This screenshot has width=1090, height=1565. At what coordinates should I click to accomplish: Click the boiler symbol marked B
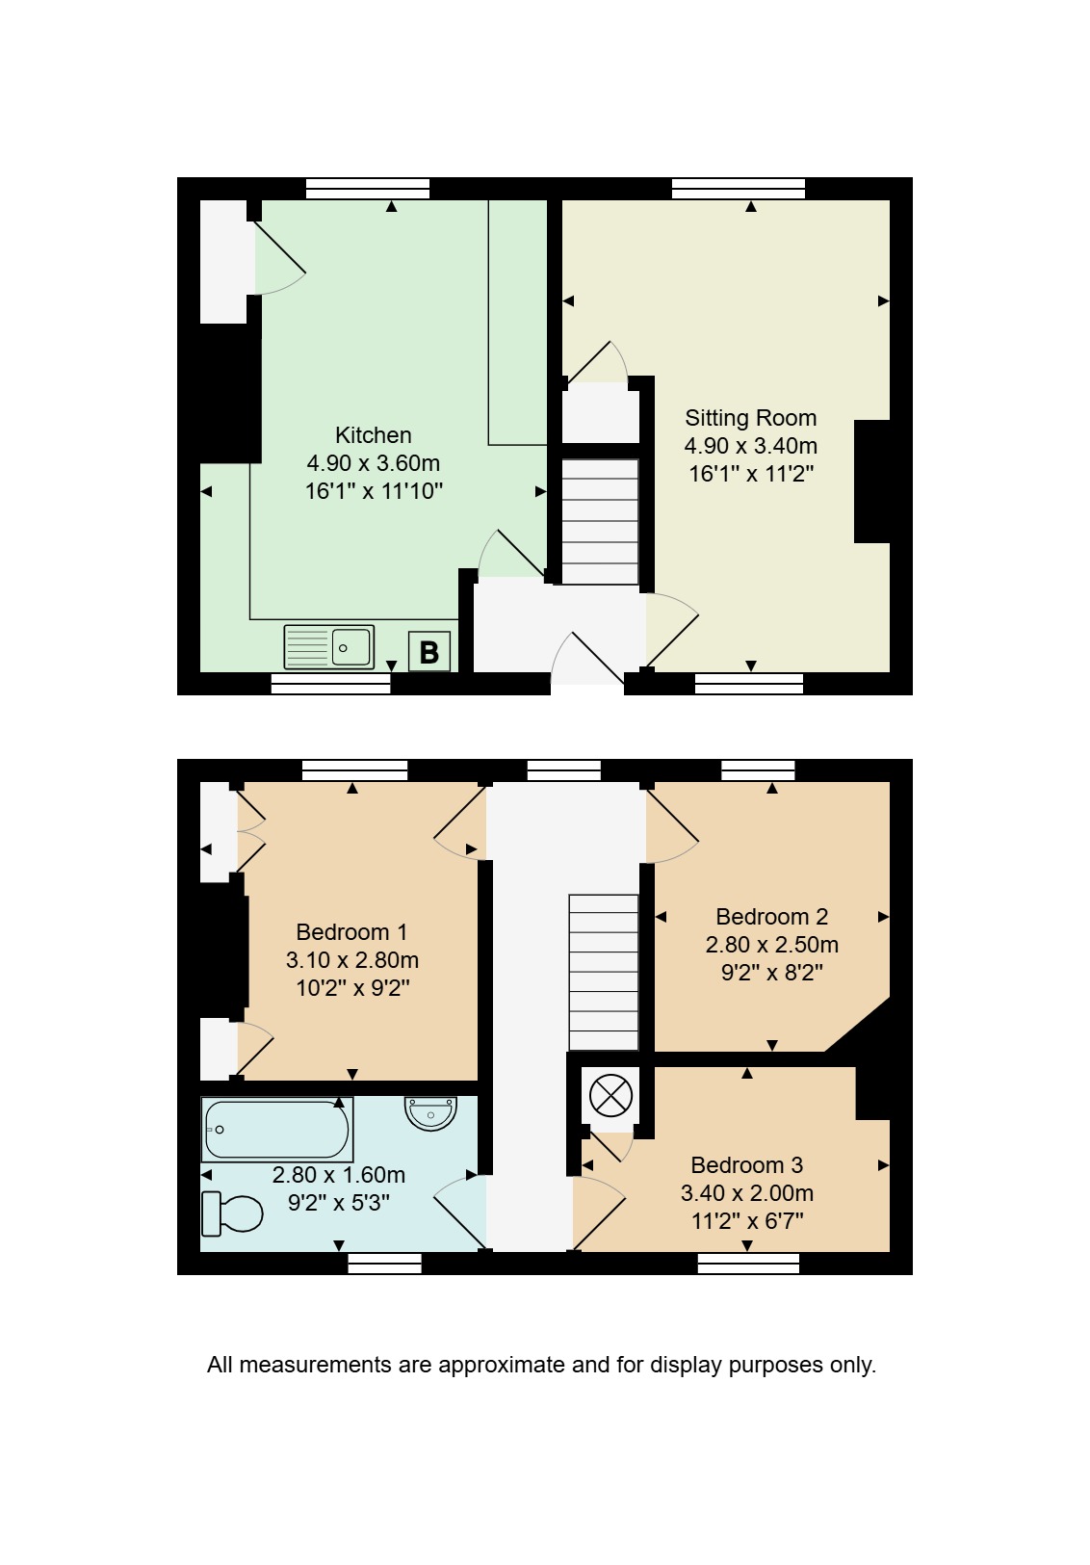(x=429, y=651)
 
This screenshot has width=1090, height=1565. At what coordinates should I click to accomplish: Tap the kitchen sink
(x=329, y=647)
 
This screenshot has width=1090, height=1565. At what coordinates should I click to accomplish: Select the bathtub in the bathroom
(x=276, y=1130)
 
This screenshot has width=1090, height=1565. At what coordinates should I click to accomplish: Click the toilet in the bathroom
(x=232, y=1213)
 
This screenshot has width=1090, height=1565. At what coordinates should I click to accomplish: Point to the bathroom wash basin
(x=430, y=1112)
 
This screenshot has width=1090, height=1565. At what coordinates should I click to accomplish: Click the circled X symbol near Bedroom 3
(x=610, y=1096)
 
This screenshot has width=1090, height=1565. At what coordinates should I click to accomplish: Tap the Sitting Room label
(x=750, y=418)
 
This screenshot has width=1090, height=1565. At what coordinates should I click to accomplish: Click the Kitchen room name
(x=373, y=435)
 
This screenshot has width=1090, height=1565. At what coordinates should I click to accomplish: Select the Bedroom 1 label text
(x=351, y=932)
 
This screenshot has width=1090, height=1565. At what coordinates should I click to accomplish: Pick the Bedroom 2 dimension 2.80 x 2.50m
(x=771, y=945)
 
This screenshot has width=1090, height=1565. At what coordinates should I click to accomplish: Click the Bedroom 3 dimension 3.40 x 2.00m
(x=747, y=1192)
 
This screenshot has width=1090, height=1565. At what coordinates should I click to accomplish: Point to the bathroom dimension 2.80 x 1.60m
(x=338, y=1174)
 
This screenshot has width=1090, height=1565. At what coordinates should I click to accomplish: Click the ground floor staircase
(x=600, y=521)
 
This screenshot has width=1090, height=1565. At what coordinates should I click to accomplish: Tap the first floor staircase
(x=604, y=973)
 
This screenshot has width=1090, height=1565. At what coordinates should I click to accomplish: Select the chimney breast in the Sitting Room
(x=872, y=482)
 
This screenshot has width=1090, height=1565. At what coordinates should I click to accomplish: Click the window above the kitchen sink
(x=330, y=683)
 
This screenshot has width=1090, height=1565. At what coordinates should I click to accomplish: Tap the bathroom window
(x=384, y=1264)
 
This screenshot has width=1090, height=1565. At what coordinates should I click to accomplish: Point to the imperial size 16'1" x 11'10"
(x=374, y=491)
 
